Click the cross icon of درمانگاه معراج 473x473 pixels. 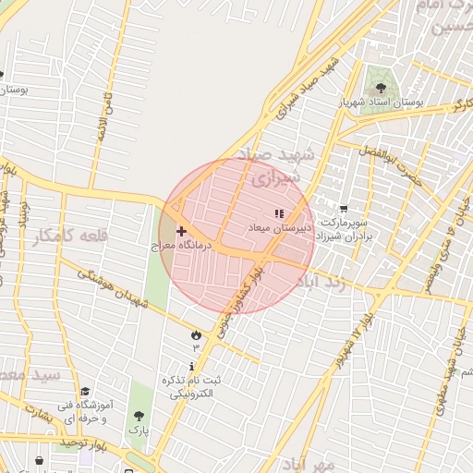[x=180, y=231]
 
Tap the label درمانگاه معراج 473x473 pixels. [x=182, y=247]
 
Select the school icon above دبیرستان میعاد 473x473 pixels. [x=279, y=214]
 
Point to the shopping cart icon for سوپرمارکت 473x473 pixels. [x=344, y=210]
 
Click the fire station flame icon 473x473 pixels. [x=195, y=334]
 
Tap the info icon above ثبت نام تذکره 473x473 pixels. [x=192, y=367]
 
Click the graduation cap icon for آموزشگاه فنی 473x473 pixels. [x=85, y=392]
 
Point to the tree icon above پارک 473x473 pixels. [x=139, y=417]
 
